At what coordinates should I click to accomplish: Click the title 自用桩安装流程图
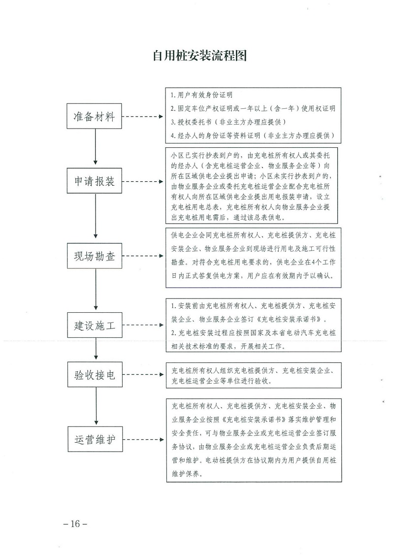tap(199, 56)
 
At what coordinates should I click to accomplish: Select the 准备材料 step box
tap(94, 116)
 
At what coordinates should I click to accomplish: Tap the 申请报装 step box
tap(94, 181)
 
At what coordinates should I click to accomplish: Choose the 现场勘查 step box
tap(95, 256)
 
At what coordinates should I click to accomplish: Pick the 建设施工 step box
tap(95, 325)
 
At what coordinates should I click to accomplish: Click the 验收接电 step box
tap(95, 374)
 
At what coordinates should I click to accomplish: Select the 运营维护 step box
tap(95, 439)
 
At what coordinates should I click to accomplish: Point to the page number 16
tap(75, 524)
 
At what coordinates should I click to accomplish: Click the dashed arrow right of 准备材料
tap(143, 117)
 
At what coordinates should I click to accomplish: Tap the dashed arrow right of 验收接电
tap(143, 375)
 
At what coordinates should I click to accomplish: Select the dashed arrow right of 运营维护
tap(143, 440)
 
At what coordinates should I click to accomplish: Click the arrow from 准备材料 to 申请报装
tap(95, 149)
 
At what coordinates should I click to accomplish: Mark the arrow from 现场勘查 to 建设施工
tap(96, 290)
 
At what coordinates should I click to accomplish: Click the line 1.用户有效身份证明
tap(201, 95)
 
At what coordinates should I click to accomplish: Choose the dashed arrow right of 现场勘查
tap(143, 256)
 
